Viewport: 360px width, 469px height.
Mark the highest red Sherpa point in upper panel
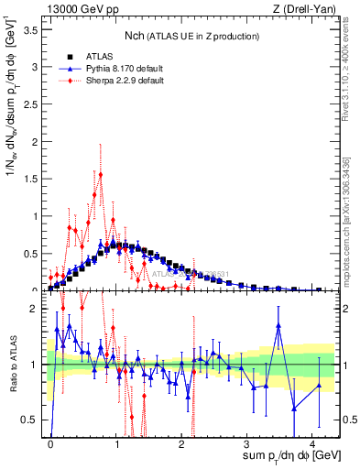tap(101, 174)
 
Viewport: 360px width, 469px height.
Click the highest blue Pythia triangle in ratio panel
tap(278, 325)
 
